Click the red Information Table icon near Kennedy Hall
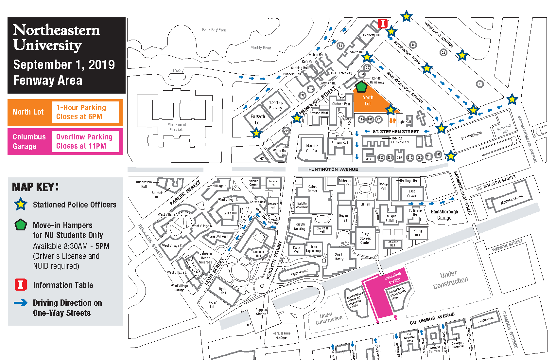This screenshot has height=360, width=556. point(382,24)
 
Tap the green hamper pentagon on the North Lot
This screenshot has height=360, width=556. point(361,87)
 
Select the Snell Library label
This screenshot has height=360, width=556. point(339,257)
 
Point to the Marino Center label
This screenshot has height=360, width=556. point(312,148)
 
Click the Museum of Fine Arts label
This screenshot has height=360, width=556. point(177,127)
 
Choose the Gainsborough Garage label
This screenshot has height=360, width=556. point(444,215)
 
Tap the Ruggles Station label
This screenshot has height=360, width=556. point(261,312)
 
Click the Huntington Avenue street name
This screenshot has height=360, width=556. point(333,169)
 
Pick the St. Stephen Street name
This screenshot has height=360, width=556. point(396,132)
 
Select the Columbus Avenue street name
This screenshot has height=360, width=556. point(432,318)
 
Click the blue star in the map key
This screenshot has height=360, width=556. point(21,204)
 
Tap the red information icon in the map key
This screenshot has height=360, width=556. point(21,285)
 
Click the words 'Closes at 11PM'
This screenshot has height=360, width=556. point(81,146)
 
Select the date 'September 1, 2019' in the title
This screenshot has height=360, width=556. point(64,65)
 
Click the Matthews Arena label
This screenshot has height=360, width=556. point(512,199)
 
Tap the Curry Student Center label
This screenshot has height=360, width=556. point(365,238)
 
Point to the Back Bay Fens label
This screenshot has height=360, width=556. point(214,30)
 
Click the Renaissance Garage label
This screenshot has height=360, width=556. point(281,335)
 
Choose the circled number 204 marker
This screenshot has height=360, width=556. point(286,131)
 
